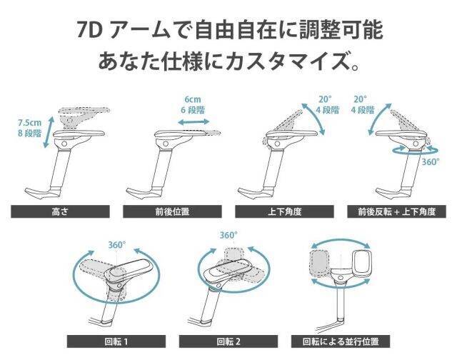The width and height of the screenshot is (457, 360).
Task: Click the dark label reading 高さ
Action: (60, 211)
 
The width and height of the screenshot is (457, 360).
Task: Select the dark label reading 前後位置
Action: (172, 211)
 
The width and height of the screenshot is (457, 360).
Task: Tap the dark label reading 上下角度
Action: (284, 211)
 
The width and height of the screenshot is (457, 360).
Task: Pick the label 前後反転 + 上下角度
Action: (397, 211)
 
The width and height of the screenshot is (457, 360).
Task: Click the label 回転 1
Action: (116, 341)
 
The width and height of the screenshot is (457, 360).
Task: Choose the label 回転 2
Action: (228, 341)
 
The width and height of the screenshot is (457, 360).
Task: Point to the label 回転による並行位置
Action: (341, 341)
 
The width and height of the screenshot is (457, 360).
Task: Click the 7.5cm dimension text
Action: (29, 123)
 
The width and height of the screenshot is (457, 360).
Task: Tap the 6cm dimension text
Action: (193, 99)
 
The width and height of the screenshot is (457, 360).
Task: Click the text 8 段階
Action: (29, 134)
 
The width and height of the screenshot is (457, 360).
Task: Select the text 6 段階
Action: (193, 110)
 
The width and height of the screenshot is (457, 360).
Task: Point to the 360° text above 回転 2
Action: (228, 235)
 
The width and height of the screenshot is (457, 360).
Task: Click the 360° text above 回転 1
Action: (117, 245)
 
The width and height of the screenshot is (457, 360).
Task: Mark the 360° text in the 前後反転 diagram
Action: (431, 161)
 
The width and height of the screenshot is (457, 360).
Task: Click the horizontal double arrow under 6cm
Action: (194, 122)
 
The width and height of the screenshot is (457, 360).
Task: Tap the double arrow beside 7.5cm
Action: (49, 132)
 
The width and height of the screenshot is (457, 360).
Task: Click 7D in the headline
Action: (89, 30)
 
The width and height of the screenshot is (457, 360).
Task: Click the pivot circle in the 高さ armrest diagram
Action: (64, 144)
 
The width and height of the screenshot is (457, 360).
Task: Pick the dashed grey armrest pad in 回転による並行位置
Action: (320, 264)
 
